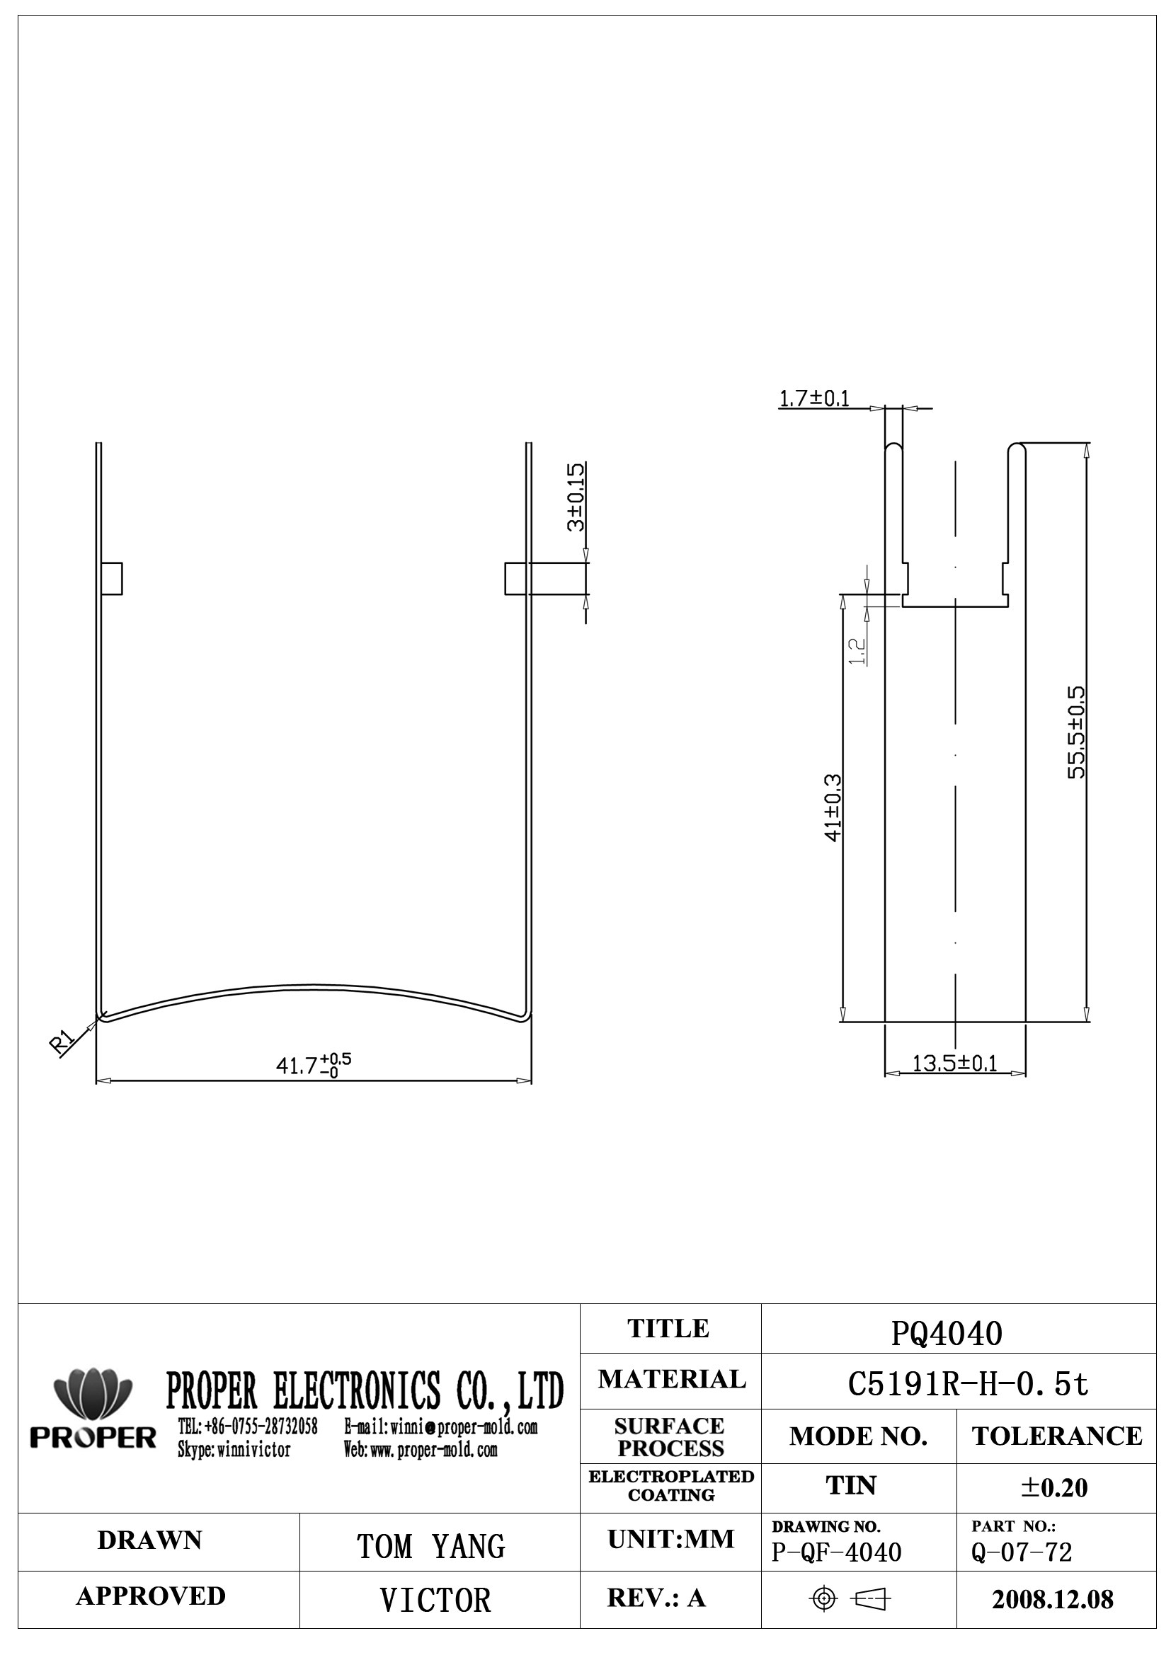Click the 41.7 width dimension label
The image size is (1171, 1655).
pos(314,1065)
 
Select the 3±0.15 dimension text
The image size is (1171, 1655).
pos(576,497)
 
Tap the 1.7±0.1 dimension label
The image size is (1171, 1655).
pos(814,398)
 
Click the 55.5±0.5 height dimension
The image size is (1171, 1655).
pos(1076,732)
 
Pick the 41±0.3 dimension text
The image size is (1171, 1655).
pos(833,807)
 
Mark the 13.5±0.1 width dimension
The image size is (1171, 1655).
pos(954,1063)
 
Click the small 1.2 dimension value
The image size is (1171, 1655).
pos(857,651)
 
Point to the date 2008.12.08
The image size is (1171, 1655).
pos(1052,1600)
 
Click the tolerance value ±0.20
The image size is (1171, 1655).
pos(1054,1487)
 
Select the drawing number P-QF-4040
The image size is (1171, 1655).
pos(836,1552)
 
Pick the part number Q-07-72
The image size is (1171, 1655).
pos(1022,1552)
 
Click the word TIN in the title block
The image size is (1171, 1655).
pos(851,1486)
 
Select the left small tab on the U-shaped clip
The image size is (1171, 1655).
pos(112,579)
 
